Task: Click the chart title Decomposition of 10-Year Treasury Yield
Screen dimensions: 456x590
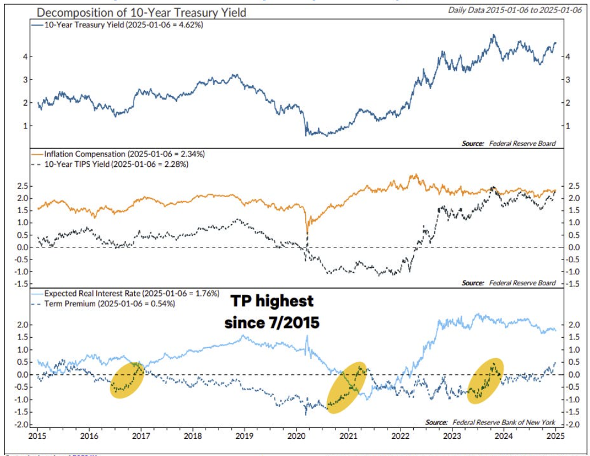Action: click(141, 12)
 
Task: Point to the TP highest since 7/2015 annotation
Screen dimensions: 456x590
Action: click(272, 311)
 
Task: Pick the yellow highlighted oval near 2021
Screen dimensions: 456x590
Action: click(346, 387)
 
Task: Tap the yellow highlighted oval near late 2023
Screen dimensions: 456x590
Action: click(486, 381)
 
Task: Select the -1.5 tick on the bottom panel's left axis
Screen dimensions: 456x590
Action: click(20, 412)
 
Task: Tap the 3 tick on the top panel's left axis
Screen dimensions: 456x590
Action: click(25, 79)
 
